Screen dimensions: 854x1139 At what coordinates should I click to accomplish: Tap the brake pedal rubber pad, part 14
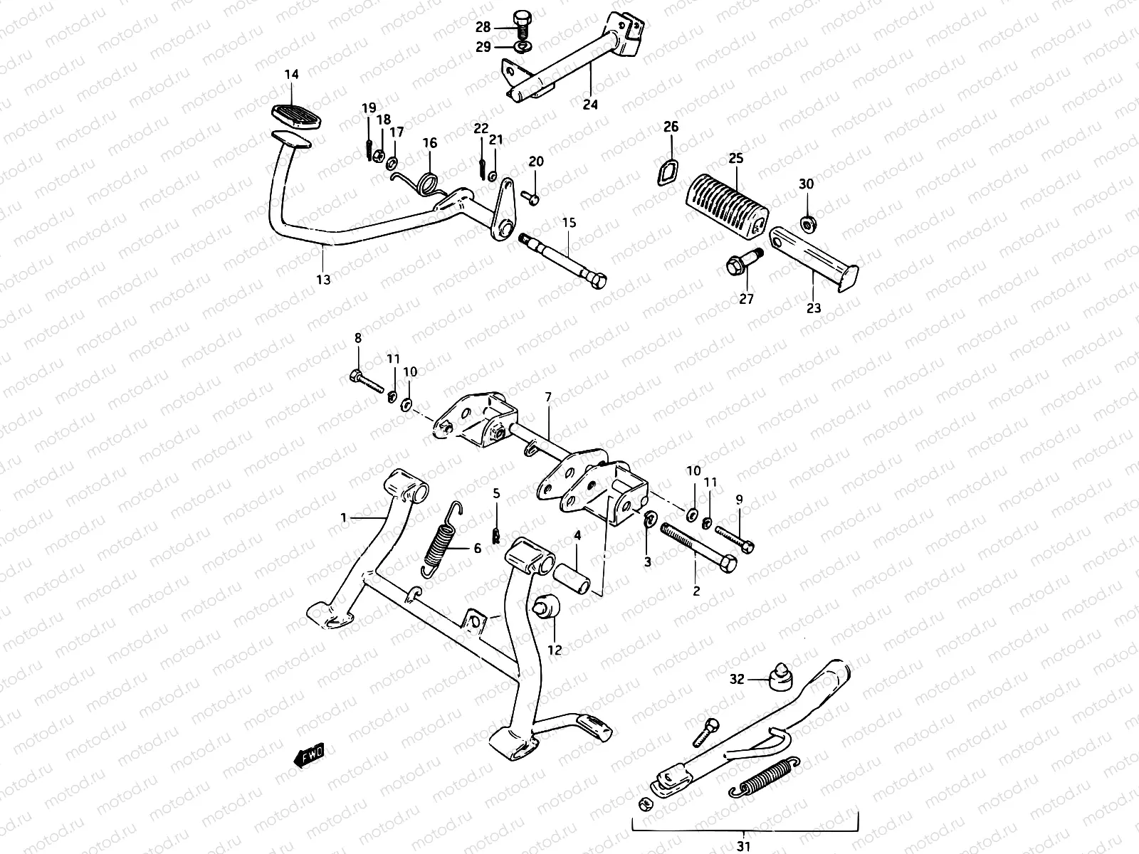tap(292, 115)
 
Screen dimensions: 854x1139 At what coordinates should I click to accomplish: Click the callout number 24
tap(590, 105)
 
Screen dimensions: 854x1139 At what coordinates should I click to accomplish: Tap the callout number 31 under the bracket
tap(745, 845)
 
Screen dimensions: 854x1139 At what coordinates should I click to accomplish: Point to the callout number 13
tap(323, 280)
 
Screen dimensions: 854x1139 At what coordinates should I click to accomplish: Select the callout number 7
tap(548, 397)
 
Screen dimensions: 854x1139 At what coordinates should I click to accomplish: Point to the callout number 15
tap(569, 223)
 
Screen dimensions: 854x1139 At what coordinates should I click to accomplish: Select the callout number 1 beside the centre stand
tap(344, 517)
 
